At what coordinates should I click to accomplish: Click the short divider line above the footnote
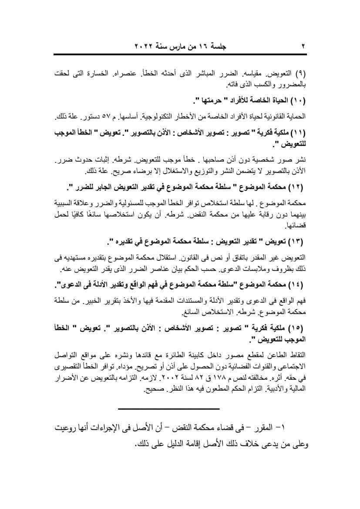click(168, 409)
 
